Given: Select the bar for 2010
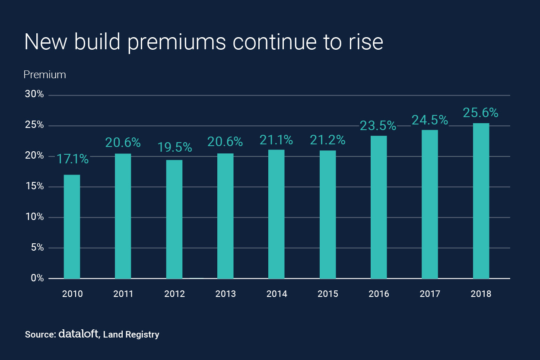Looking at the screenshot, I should pyautogui.click(x=72, y=226).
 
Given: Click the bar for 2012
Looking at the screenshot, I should pyautogui.click(x=174, y=219).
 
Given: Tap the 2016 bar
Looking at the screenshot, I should pyautogui.click(x=379, y=207).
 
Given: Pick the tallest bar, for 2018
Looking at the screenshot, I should pyautogui.click(x=481, y=201).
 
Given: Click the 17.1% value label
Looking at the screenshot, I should pyautogui.click(x=72, y=159).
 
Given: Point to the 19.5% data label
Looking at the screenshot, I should pyautogui.click(x=174, y=147).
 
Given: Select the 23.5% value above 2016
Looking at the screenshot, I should pyautogui.click(x=378, y=126).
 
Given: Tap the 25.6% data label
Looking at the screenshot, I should pyautogui.click(x=481, y=113).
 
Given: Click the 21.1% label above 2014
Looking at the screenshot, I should pyautogui.click(x=276, y=140).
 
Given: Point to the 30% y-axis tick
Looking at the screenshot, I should pyautogui.click(x=35, y=95).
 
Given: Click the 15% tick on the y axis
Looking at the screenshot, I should pyautogui.click(x=35, y=186).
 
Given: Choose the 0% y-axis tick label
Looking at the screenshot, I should pyautogui.click(x=37, y=278).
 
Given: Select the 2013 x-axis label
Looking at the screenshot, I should pyautogui.click(x=226, y=294).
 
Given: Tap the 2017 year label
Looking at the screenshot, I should pyautogui.click(x=430, y=294).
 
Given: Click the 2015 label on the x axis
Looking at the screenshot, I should pyautogui.click(x=328, y=294).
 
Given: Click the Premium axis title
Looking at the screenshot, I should pyautogui.click(x=44, y=75).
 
